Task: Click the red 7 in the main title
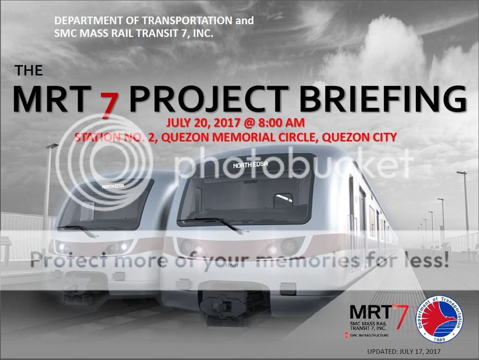pos(108,103)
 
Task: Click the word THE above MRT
pos(29,71)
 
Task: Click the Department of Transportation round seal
pos(440,321)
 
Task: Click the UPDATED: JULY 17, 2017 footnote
pos(404,351)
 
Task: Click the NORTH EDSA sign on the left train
pos(112,186)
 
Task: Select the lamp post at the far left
pos(48,187)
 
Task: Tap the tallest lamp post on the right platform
pos(465,210)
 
